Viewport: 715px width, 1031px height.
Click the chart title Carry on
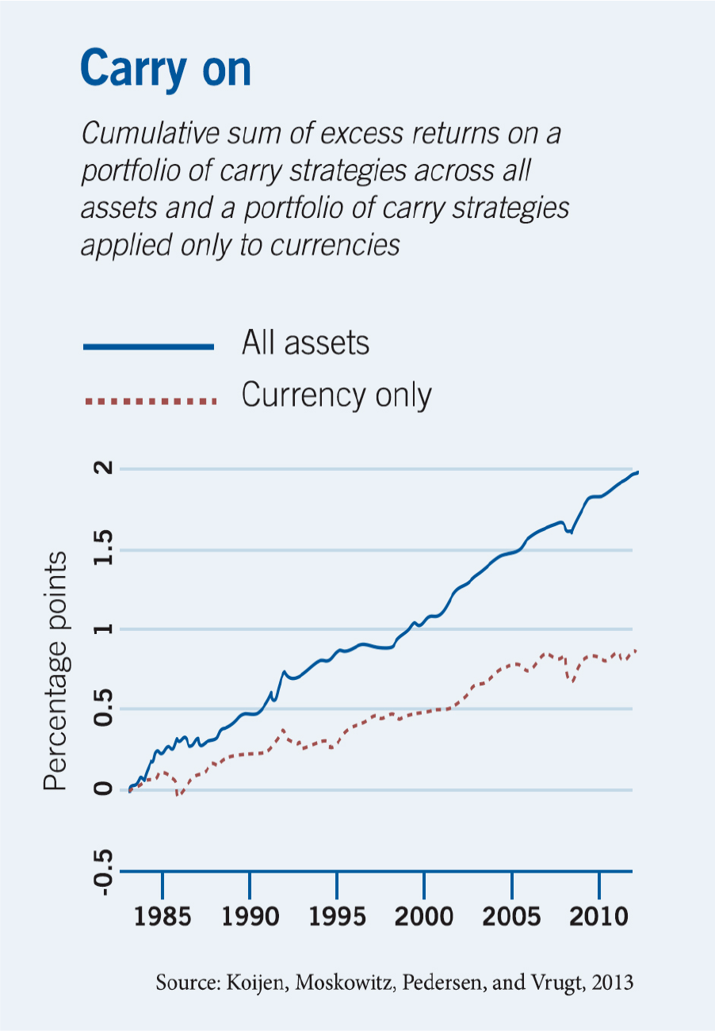166,70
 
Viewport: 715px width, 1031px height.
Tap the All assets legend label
305,343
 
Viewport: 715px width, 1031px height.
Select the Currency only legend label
337,395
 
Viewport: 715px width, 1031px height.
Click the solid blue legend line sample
149,347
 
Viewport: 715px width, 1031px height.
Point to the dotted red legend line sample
151,401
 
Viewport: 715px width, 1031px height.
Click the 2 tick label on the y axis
103,468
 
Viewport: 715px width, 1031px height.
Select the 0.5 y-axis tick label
103,708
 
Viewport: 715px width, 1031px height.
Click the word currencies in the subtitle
335,246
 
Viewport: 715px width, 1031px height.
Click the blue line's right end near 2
637,472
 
